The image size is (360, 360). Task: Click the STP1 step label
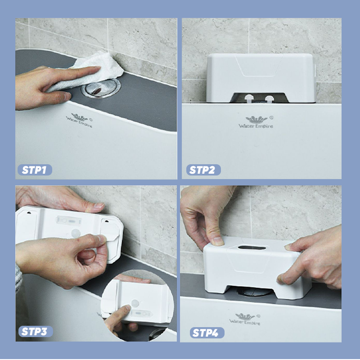point(35,170)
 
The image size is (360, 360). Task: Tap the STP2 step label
point(203,170)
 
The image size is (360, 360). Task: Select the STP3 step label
point(36,332)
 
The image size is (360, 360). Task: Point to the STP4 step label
point(207,333)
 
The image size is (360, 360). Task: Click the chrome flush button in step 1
point(101,88)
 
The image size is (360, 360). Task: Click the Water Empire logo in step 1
point(79,120)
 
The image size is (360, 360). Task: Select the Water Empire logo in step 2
point(256,122)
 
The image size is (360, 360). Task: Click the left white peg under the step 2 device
point(249,99)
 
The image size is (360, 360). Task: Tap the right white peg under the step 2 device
point(269,99)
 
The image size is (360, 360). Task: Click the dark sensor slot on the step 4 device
point(252,248)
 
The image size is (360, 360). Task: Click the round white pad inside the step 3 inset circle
point(135,303)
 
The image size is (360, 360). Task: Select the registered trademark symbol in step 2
point(271,117)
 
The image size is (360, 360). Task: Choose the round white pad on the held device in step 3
point(76,233)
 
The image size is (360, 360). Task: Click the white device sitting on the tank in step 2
point(261,78)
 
